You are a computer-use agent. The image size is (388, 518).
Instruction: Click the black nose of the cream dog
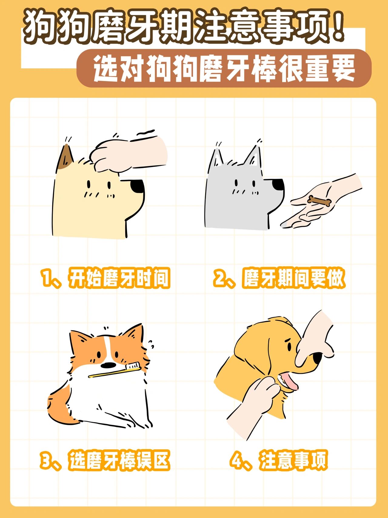138,186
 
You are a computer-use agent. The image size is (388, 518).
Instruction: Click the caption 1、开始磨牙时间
105,278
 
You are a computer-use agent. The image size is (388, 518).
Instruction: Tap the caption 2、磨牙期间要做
279,278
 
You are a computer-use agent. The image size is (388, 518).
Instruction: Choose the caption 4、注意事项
279,460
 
